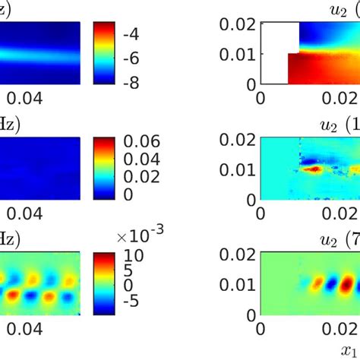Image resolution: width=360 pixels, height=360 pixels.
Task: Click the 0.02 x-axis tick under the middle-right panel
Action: point(343,216)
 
